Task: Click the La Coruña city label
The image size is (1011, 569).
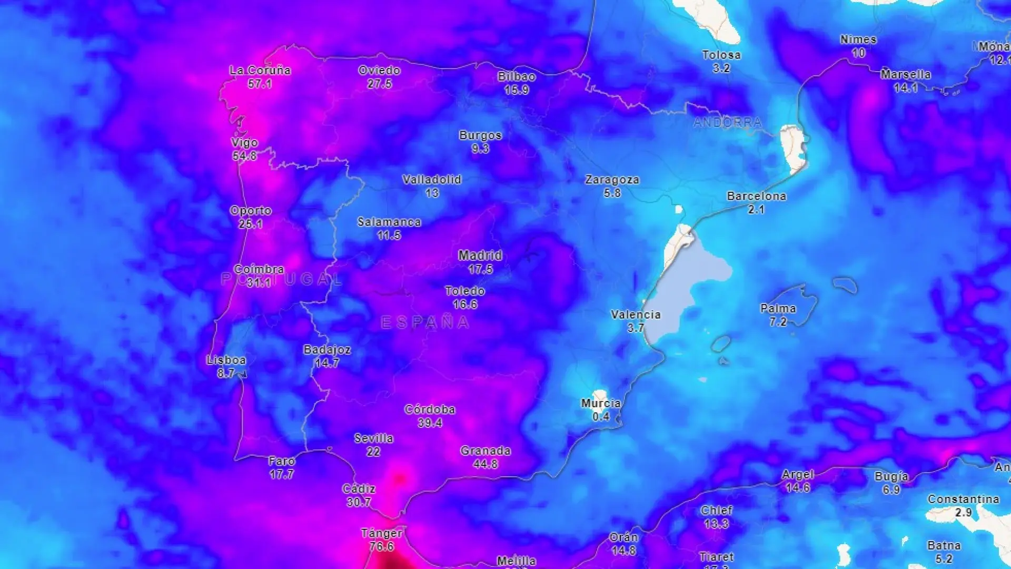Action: coord(260,70)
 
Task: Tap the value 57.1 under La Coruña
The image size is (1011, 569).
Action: coord(260,84)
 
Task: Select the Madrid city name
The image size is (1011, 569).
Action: coord(480,256)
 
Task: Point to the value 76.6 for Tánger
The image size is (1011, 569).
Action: coord(381,546)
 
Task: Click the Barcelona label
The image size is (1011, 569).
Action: coord(756,196)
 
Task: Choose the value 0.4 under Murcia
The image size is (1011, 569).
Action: coord(600,417)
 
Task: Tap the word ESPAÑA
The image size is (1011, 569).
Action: coord(424,322)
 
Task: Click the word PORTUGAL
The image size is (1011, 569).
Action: coord(282,279)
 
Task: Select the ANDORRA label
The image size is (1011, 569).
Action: coord(727,123)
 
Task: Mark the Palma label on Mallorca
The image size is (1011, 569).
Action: coord(778,308)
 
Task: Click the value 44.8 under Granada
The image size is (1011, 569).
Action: coord(485,464)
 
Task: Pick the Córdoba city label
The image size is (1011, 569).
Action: coord(430,409)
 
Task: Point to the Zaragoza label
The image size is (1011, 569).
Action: coord(612,180)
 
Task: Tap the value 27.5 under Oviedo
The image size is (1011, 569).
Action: coord(379,84)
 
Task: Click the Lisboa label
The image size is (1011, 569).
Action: coord(226,360)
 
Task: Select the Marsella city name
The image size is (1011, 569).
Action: coord(905,74)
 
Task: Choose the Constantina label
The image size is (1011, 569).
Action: coord(963,499)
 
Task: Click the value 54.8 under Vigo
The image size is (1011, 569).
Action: coord(244,156)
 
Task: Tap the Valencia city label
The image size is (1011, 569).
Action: coord(635,315)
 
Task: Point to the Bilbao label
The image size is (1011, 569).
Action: coord(517,76)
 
